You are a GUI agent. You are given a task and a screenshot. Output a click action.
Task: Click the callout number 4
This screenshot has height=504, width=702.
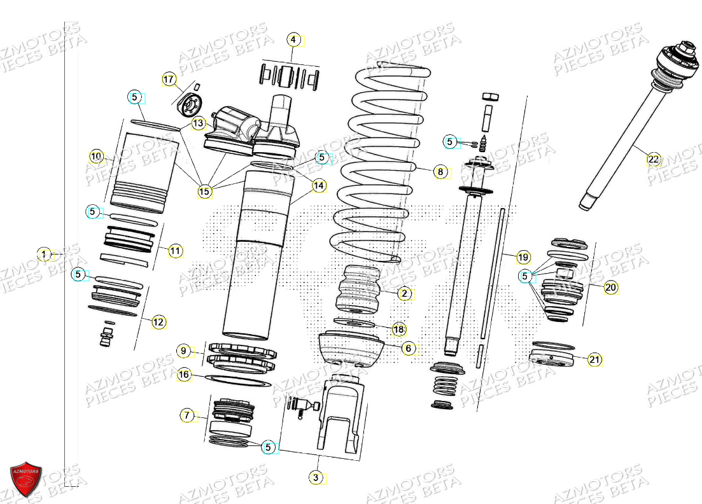coord(293,39)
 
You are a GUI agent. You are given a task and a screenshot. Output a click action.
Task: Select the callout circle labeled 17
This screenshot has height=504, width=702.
coord(169,80)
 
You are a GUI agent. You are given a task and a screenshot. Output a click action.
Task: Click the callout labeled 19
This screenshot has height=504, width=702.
coord(523,257)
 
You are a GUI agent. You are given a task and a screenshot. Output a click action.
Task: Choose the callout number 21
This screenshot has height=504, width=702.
coord(594,360)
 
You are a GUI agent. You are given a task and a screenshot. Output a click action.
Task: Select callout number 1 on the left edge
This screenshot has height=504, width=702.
coord(44,255)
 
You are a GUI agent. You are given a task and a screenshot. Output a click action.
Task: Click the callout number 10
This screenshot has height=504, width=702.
coord(96,156)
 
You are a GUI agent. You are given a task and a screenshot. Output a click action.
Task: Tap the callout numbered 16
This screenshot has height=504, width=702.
coord(184,375)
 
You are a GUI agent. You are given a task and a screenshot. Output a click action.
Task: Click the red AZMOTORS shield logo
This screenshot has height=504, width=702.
coord(26,478)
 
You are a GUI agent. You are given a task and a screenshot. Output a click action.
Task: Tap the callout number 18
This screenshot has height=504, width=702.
coord(398,329)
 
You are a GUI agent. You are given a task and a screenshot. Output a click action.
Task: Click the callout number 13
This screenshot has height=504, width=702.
coord(199,123)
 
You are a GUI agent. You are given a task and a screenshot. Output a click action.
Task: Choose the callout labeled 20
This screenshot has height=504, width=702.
coord(610,288)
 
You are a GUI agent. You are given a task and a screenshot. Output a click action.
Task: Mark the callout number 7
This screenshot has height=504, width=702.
coord(187,416)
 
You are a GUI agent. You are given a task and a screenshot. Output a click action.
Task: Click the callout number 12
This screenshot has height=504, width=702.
coord(158,323)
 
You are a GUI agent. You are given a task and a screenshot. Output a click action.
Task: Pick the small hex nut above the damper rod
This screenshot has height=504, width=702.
coord(490,97)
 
